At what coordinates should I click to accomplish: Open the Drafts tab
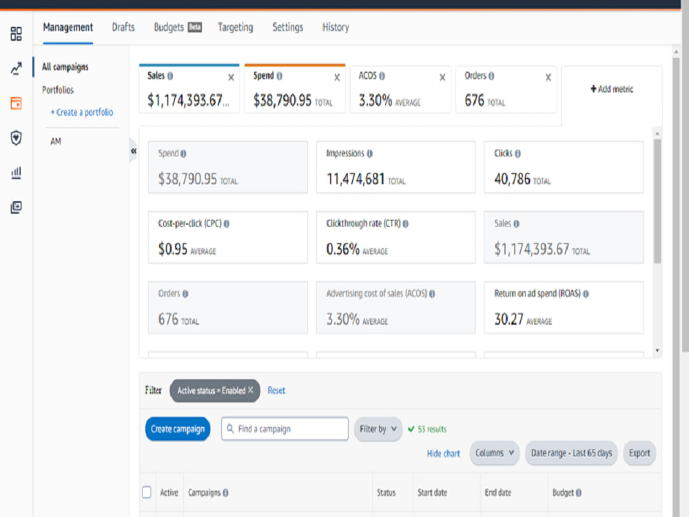(x=123, y=28)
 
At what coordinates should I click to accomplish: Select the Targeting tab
(x=236, y=28)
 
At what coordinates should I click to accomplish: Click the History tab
(x=336, y=28)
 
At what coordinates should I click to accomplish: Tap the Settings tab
(x=288, y=28)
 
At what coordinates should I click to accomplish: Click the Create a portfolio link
(x=82, y=112)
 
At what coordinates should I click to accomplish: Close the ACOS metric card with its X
(x=442, y=77)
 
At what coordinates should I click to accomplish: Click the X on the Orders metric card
(x=548, y=77)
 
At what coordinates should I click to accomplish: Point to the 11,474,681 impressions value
(x=356, y=179)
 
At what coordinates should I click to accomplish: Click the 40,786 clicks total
(x=513, y=179)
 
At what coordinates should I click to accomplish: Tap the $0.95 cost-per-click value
(x=173, y=250)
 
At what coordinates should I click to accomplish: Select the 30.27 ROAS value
(x=509, y=319)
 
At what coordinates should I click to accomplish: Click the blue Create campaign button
(x=178, y=429)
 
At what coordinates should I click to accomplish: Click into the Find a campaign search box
(x=285, y=429)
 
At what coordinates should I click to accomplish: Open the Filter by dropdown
(x=378, y=429)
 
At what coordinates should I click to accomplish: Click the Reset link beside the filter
(x=276, y=390)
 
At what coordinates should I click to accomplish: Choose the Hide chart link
(x=443, y=454)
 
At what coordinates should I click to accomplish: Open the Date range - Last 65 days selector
(x=571, y=453)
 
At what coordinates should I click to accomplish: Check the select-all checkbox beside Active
(x=147, y=492)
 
